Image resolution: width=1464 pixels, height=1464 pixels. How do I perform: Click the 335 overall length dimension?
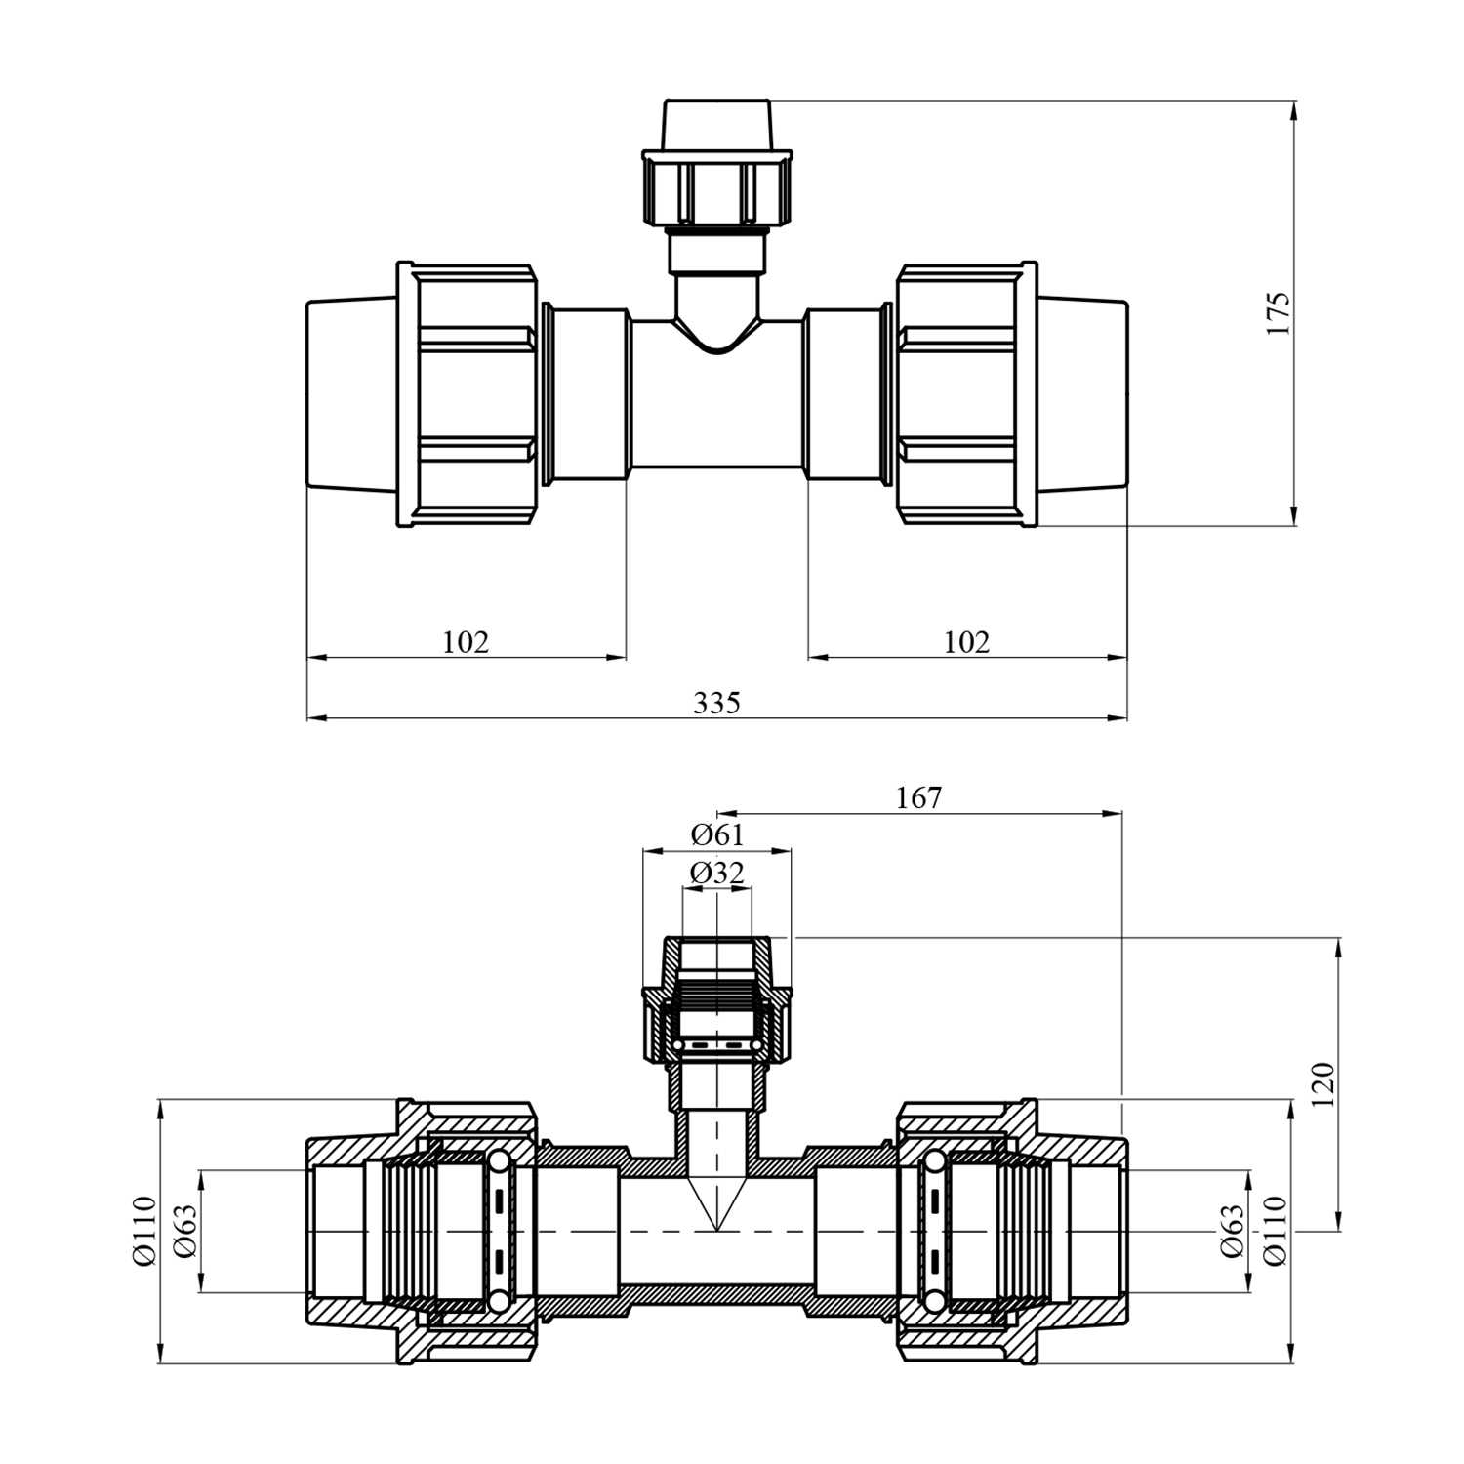coord(717,703)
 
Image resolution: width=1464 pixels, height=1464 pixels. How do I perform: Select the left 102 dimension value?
coord(466,642)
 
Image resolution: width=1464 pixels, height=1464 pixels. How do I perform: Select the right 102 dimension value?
coord(966,642)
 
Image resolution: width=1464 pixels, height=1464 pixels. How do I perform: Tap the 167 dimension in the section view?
coord(919,797)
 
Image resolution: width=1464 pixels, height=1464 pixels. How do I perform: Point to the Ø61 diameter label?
coord(717,834)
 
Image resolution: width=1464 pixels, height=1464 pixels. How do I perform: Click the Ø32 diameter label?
coord(717,873)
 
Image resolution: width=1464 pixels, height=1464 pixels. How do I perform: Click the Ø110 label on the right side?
coord(1275,1231)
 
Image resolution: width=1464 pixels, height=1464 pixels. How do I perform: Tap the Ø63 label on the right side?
coord(1232,1231)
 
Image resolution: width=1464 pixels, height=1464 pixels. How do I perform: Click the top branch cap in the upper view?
coord(717,124)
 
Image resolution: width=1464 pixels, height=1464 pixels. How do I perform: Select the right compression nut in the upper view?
coord(966,394)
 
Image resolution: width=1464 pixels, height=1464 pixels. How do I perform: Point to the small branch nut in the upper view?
coord(717,187)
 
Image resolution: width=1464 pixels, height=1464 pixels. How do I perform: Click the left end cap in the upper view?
coord(351,394)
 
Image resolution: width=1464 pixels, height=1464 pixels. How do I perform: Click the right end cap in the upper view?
coord(1082,394)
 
